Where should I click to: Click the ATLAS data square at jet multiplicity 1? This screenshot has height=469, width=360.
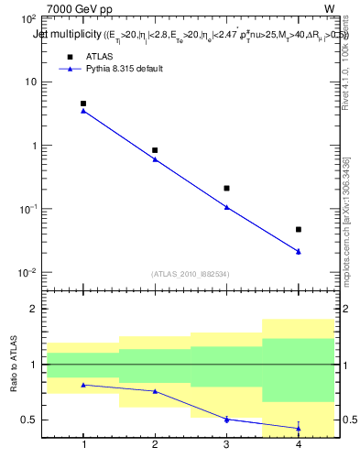[83, 104]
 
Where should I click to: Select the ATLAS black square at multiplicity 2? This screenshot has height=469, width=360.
[155, 150]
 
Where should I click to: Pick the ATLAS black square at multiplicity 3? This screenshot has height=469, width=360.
[226, 188]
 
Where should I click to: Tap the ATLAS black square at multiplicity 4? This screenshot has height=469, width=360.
[299, 229]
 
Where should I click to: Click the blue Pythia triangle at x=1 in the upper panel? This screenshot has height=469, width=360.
[83, 111]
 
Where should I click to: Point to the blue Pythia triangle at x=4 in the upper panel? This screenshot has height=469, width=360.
[299, 251]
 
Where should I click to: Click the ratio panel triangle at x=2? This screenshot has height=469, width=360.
[155, 391]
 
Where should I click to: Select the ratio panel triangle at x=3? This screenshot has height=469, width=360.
[226, 419]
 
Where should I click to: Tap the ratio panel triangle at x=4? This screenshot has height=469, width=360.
[299, 428]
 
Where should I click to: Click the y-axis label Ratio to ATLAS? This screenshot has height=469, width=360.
[14, 365]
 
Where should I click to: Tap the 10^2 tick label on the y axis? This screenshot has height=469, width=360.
[27, 18]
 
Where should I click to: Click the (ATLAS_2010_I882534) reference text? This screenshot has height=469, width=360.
[191, 273]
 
